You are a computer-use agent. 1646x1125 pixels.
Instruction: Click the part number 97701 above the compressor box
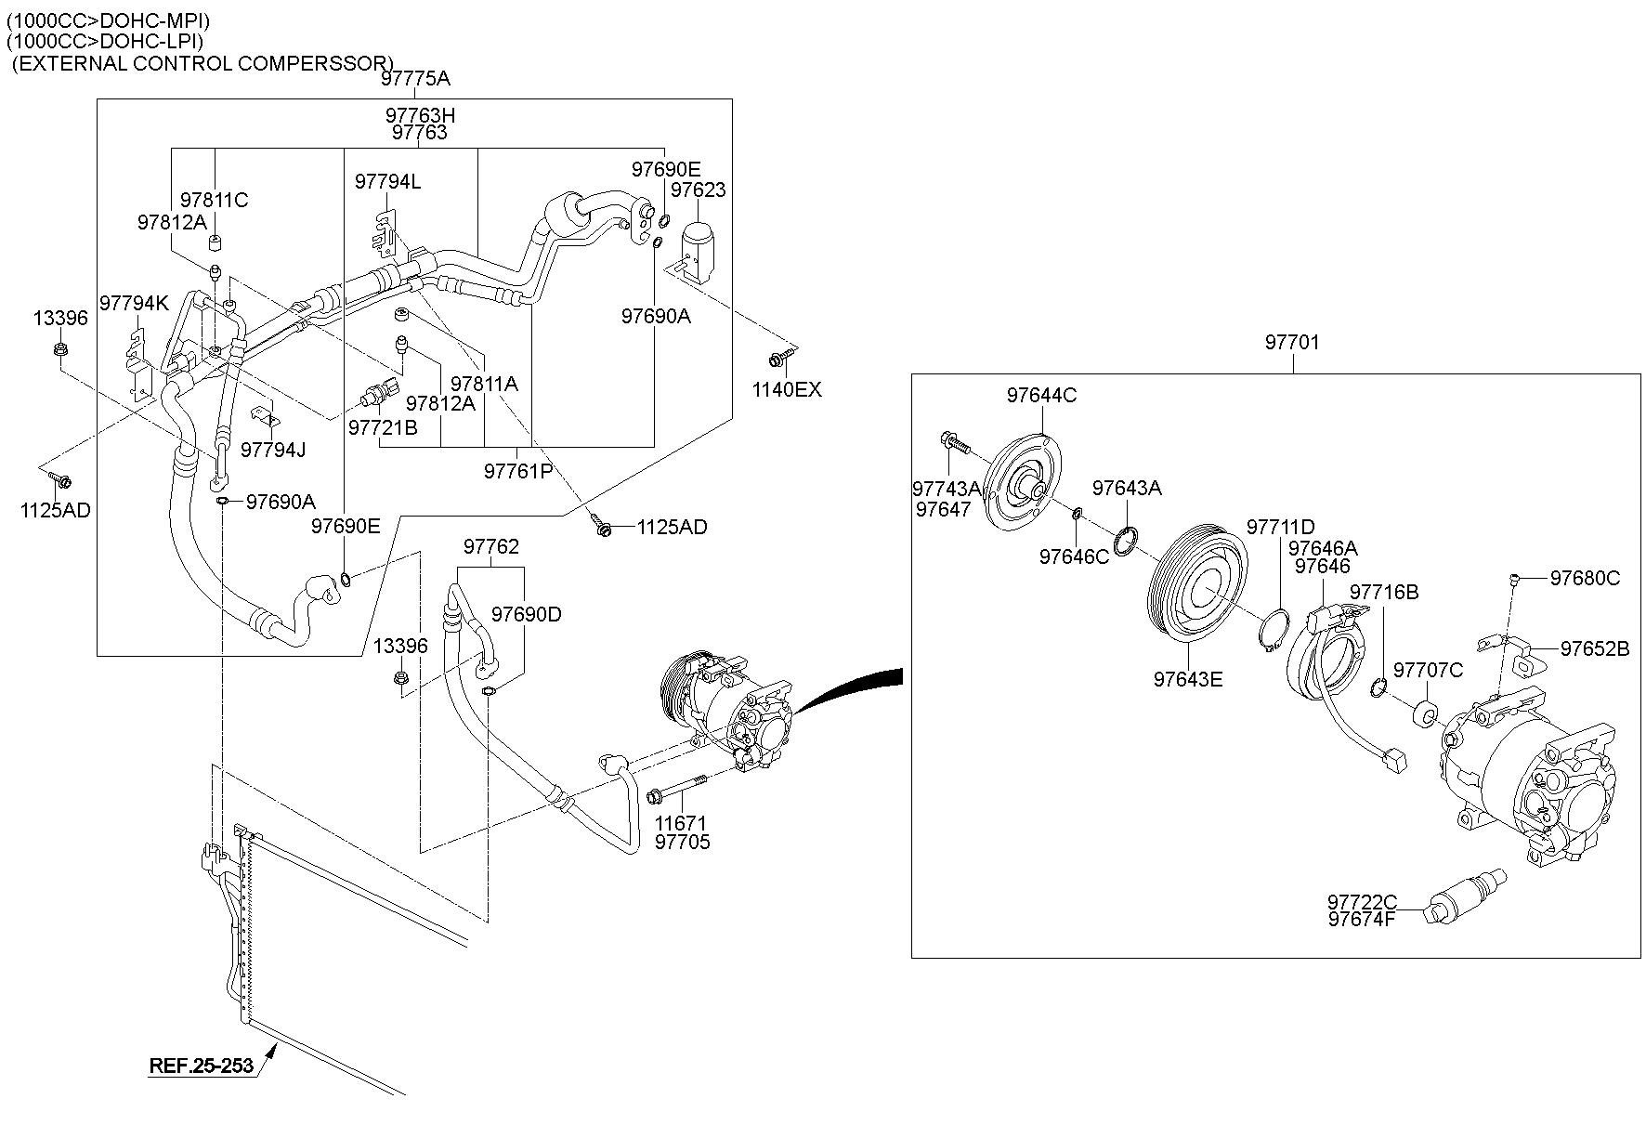point(1291,343)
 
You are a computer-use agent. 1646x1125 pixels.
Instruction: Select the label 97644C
point(1041,396)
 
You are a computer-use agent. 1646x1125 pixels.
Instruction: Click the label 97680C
point(1585,579)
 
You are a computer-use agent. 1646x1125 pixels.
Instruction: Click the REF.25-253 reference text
point(202,1066)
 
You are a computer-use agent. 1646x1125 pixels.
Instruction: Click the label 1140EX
point(787,390)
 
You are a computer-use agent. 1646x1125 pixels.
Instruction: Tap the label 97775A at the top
point(415,79)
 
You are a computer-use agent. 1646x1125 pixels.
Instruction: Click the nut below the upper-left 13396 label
point(58,350)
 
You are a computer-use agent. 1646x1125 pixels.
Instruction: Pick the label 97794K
point(134,303)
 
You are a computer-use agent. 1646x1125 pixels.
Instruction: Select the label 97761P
point(517,471)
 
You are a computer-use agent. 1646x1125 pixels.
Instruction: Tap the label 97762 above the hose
point(491,546)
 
